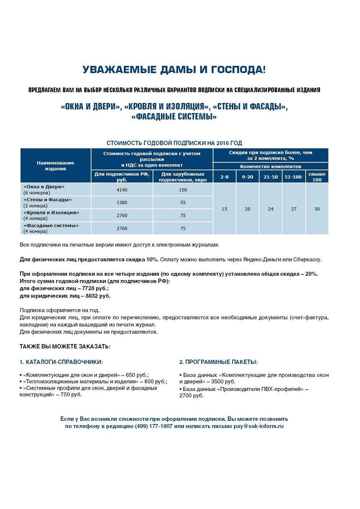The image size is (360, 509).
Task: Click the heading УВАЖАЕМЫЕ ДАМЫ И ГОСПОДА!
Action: pos(174,70)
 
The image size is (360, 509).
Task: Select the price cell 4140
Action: pos(122,190)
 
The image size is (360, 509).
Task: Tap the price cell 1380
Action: pos(122,202)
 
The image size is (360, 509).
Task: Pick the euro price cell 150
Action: pos(183,190)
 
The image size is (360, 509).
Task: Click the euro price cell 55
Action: pos(183,202)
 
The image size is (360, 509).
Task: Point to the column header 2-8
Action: pos(224,177)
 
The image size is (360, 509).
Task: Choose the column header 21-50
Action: pos(271,177)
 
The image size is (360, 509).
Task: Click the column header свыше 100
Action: pos(317,177)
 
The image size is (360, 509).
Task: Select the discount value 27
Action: pos(294,209)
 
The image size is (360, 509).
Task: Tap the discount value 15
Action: pos(224,209)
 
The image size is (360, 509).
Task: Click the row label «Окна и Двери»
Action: pos(44,187)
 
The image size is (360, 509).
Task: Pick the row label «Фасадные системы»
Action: pos(51,226)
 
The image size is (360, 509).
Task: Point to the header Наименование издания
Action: pos(55,166)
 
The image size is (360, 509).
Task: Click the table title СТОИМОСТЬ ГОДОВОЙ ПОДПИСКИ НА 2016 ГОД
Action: pos(174,143)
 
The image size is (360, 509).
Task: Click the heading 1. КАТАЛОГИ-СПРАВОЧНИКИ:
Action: pos(61,362)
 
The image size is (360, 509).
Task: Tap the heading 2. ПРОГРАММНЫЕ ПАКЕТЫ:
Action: pos(219,362)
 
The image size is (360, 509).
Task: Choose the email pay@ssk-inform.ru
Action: pos(259,426)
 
